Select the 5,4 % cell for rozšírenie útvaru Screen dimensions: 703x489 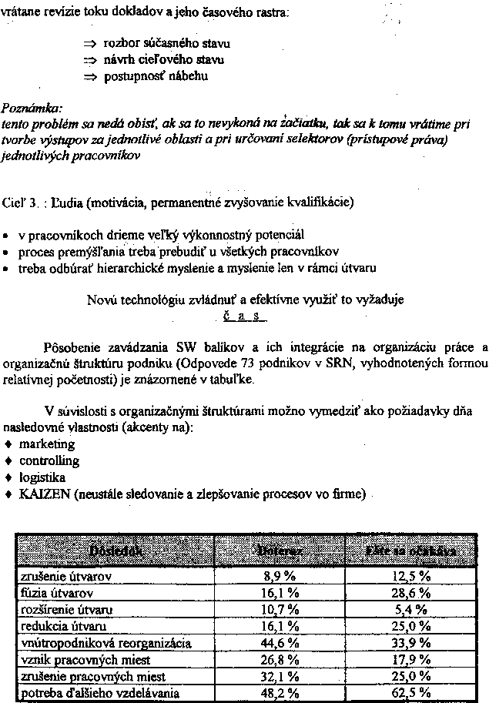click(x=409, y=609)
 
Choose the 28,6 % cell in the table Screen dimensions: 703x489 click(x=409, y=593)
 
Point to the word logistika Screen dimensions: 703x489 click(x=43, y=478)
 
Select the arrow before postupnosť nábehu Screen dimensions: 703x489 click(x=92, y=75)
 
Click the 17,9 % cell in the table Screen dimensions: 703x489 click(x=409, y=660)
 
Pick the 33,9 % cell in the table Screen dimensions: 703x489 click(x=409, y=643)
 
